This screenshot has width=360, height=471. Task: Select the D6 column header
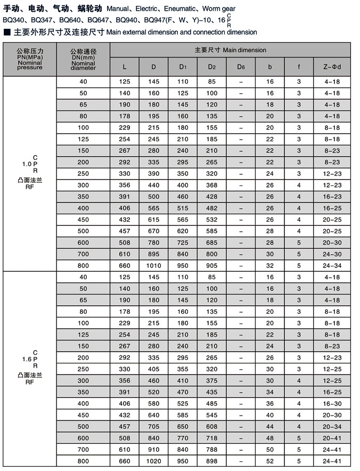coord(241,67)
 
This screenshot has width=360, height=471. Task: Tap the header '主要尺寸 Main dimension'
coord(230,50)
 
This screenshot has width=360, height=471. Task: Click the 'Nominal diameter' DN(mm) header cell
coord(83,59)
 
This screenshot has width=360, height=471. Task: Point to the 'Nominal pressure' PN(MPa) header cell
coord(29,59)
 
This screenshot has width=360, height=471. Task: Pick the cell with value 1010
coord(153,265)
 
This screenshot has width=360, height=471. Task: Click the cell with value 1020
coord(153,460)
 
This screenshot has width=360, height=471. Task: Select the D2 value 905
coord(211,265)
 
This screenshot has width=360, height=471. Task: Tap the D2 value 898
coord(211,460)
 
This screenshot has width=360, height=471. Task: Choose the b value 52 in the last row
coord(270,460)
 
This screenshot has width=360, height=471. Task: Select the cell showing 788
coord(211,449)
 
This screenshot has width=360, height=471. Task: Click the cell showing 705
coord(153,427)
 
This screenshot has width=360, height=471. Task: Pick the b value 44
coord(270,427)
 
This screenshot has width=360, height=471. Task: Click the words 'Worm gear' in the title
coord(219,9)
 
